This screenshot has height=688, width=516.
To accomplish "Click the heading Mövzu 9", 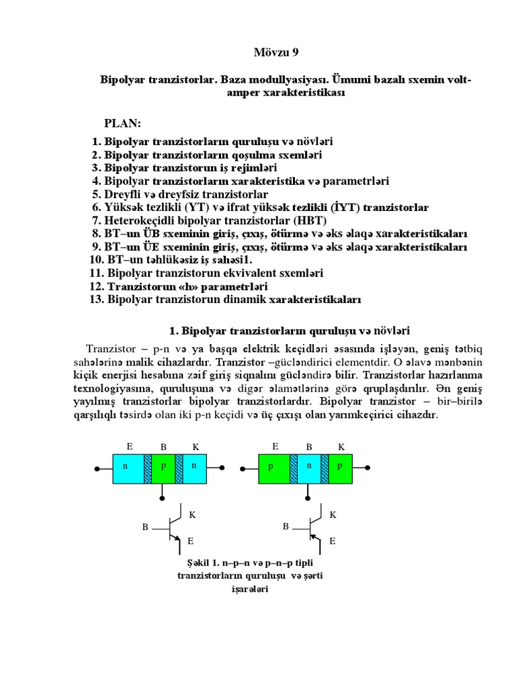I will point(275,52).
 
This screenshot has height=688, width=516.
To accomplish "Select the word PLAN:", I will point(122,123).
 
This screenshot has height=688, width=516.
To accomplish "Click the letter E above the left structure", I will point(130,445).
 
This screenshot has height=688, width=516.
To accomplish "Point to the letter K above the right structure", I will point(341,446).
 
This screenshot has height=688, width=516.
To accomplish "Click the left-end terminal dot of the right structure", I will point(244,468).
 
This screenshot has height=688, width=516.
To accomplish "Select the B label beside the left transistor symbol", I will point(144,527).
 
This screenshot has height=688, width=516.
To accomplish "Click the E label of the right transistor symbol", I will point(332,540).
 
